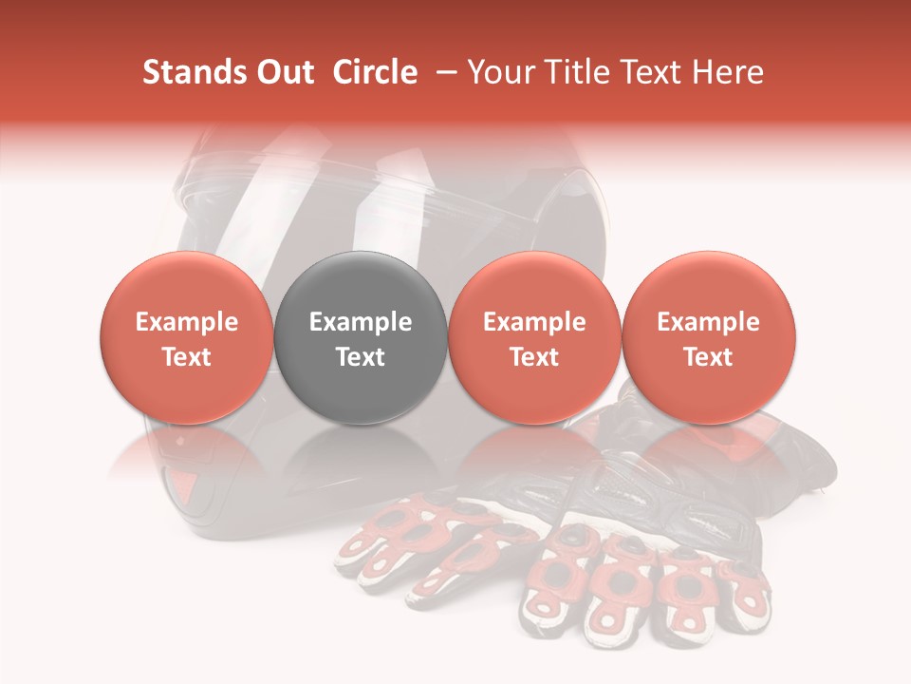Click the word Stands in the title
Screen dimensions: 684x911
(187, 72)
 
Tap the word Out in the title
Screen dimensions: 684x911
(283, 72)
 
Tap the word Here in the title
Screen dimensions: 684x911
(730, 72)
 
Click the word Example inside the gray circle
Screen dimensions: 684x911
(361, 322)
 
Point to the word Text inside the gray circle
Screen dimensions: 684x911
(361, 357)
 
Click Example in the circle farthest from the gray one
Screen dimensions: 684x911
(708, 322)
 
